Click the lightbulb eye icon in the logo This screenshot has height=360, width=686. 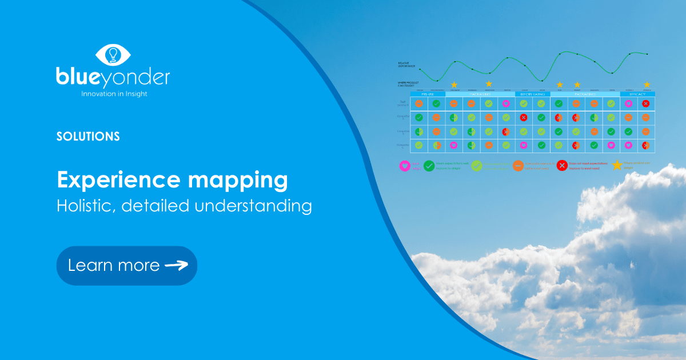(x=113, y=54)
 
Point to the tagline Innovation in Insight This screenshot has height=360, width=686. (x=113, y=93)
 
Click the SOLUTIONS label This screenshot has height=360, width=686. (x=88, y=137)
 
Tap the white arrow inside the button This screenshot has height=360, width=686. (x=176, y=265)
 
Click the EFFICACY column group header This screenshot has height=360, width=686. (x=637, y=94)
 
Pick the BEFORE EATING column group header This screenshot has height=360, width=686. (x=532, y=94)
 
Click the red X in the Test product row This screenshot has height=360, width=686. (x=646, y=103)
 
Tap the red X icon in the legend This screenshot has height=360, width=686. (x=562, y=166)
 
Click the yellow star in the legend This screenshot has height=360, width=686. (x=617, y=166)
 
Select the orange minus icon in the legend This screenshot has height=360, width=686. (x=518, y=166)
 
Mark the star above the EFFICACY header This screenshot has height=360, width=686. (x=647, y=85)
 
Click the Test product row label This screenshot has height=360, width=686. (x=404, y=103)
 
